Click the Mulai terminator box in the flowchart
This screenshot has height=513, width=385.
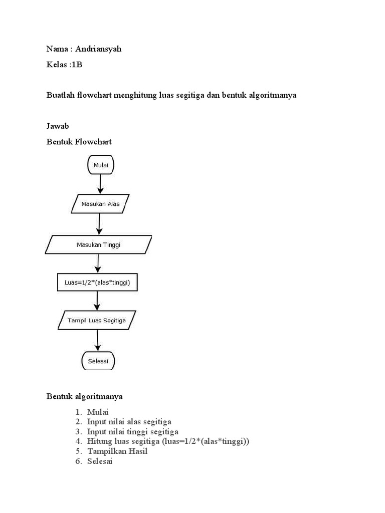point(101,165)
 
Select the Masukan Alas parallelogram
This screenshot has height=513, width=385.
point(100,204)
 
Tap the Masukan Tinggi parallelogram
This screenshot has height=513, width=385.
point(99,244)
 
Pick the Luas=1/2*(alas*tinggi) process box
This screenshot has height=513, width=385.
point(97,283)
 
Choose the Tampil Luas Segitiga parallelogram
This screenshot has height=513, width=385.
point(97,321)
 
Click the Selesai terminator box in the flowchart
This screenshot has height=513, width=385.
point(98,360)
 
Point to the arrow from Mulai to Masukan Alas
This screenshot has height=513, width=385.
point(101,184)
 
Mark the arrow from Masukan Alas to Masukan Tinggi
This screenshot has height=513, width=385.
point(99,224)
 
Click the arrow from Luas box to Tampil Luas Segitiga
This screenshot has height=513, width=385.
point(97,302)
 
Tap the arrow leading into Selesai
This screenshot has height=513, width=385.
point(97,341)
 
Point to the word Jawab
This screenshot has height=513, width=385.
point(57,126)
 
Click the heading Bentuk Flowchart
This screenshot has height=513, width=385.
point(79,142)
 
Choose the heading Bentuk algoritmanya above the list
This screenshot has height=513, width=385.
point(85,396)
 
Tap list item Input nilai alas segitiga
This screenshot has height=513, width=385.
point(129,422)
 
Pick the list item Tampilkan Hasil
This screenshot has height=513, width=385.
point(117,451)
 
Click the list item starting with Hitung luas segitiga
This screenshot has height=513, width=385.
point(168,441)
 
